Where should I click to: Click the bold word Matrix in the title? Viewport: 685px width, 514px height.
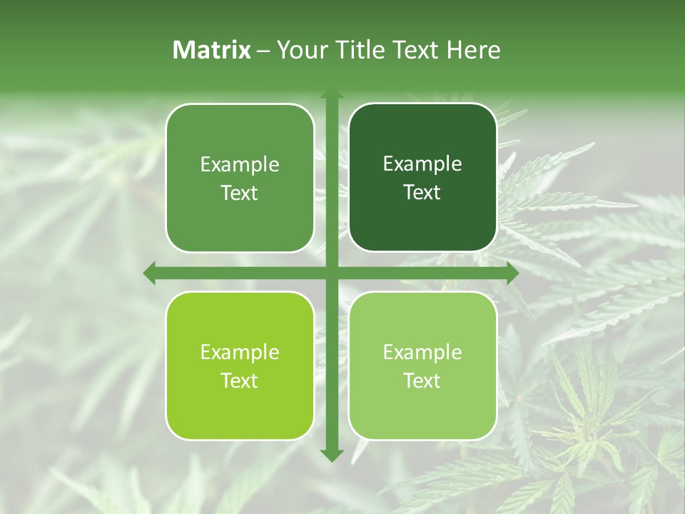(212, 50)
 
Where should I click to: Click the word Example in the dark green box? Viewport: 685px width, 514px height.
(422, 164)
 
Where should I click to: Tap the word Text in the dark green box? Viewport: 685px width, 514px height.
(422, 193)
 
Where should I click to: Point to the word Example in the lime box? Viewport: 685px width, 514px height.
(240, 353)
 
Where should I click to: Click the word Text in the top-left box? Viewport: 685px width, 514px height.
(240, 193)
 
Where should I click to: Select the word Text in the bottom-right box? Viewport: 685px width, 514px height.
(422, 381)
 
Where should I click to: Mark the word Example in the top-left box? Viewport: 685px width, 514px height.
(240, 165)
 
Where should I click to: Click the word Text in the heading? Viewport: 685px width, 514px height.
(417, 50)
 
